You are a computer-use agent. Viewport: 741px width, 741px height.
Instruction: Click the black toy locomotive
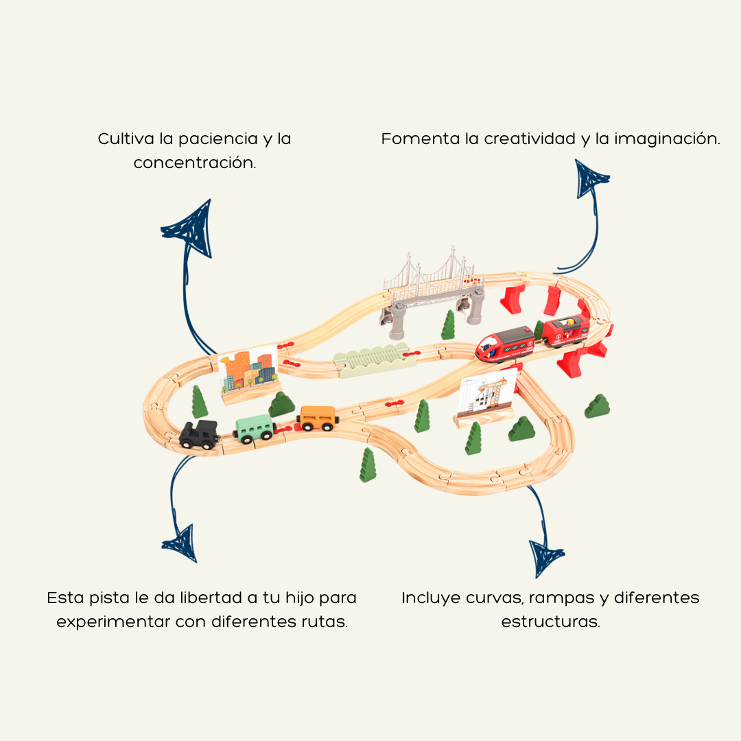(x=199, y=434)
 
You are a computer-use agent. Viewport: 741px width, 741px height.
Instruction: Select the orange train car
(x=317, y=418)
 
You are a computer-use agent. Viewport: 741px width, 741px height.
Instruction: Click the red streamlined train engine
(x=506, y=343)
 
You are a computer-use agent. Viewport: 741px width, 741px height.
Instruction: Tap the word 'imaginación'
(x=667, y=139)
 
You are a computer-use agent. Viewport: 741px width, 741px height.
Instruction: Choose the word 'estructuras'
(x=550, y=622)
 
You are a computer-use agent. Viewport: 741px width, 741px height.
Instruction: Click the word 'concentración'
(x=195, y=163)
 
